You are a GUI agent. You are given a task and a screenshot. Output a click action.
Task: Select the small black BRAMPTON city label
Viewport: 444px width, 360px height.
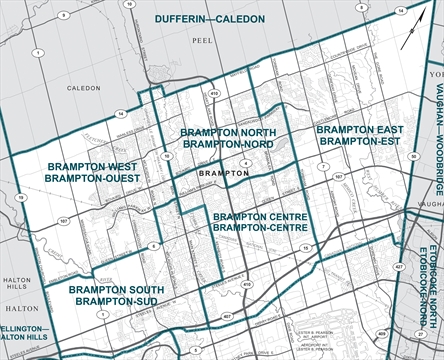(x=224, y=173)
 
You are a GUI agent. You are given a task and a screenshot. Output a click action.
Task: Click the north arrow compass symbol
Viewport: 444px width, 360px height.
(x=407, y=38)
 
